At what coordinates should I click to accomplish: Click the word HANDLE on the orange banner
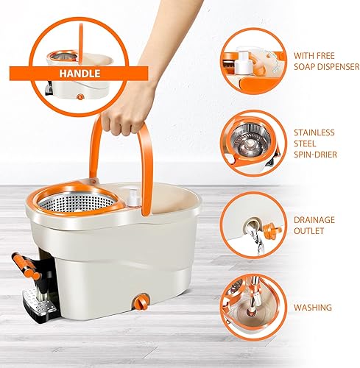(80, 74)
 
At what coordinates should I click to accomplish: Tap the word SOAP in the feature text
(305, 66)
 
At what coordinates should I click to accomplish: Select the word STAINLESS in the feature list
(314, 132)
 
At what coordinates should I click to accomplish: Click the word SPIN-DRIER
(315, 155)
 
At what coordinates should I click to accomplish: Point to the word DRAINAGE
(314, 220)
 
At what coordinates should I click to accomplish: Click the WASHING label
(313, 308)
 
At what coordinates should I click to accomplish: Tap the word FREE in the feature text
(324, 56)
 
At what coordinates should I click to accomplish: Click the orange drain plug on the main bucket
(141, 302)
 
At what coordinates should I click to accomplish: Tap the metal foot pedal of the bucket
(39, 302)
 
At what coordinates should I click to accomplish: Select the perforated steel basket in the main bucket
(77, 202)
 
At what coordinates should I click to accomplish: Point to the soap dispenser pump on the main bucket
(133, 197)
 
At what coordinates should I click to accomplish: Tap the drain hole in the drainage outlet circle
(250, 225)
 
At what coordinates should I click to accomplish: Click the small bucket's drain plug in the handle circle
(80, 97)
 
